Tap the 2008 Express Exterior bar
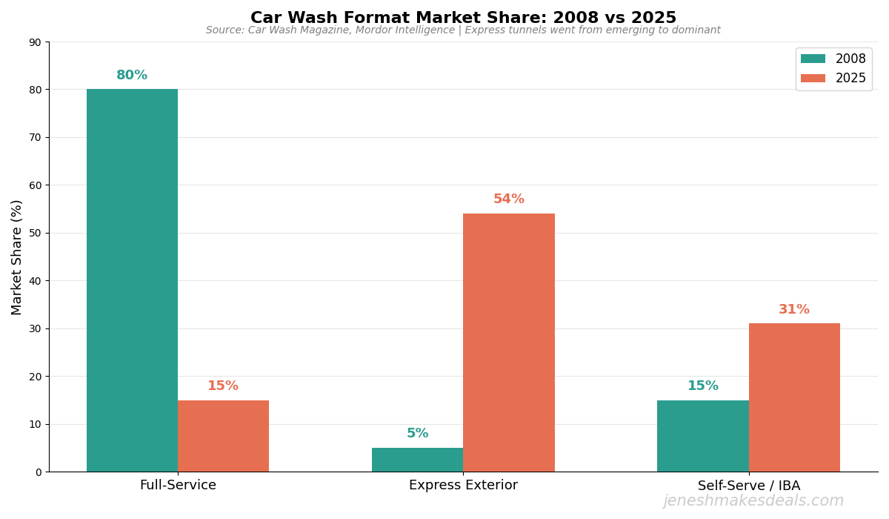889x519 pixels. click(417, 460)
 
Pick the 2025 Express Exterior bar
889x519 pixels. click(509, 343)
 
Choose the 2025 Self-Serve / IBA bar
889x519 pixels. click(794, 397)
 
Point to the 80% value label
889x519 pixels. click(132, 76)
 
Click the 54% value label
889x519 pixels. click(509, 199)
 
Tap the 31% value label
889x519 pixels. click(794, 310)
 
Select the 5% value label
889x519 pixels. click(417, 434)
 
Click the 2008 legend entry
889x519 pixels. click(833, 59)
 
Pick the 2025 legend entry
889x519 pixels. click(833, 78)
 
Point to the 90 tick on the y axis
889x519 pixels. click(35, 42)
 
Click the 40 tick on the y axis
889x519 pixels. click(35, 281)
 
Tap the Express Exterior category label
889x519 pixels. click(463, 486)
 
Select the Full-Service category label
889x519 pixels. click(178, 486)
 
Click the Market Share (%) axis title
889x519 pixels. click(17, 257)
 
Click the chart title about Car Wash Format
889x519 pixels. click(463, 18)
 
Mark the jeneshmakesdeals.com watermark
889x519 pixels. click(753, 501)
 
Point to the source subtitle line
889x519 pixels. click(463, 30)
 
